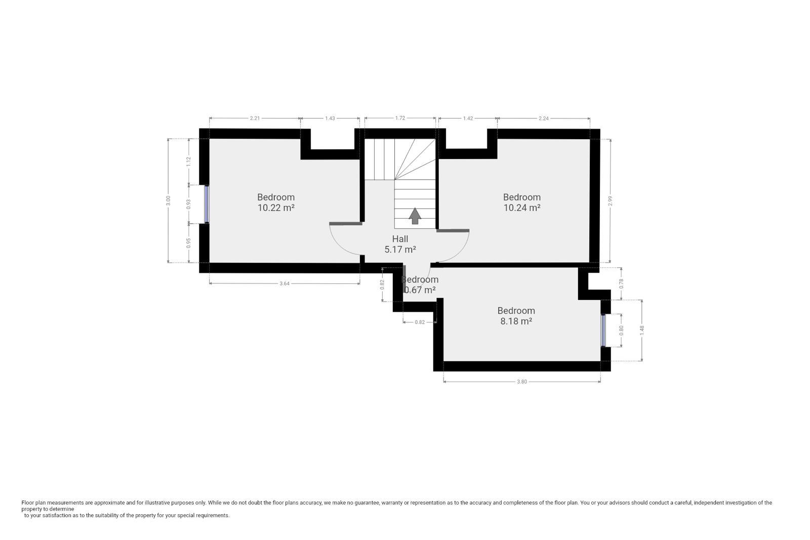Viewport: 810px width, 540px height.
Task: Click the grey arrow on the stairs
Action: point(415,216)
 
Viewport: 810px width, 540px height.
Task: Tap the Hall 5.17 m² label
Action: point(400,244)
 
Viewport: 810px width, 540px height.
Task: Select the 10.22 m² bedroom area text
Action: point(276,207)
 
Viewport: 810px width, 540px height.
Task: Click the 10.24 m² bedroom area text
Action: point(521,207)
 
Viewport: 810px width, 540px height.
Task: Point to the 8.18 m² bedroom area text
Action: point(516,321)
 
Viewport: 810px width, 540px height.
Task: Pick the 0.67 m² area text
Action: point(420,290)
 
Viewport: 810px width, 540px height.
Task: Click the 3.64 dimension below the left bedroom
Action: point(285,283)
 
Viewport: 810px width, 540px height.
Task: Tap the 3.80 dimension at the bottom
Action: point(521,382)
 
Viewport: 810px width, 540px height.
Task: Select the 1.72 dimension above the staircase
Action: point(400,118)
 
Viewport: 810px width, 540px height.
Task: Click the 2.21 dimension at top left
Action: point(255,118)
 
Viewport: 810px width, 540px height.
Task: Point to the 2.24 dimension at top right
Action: point(543,118)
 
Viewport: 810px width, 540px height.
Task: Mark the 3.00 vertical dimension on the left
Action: point(169,200)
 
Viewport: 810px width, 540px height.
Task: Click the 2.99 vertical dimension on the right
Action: point(611,200)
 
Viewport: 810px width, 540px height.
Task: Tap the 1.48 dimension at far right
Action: point(642,328)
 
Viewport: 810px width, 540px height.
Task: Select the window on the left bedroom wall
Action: point(207,204)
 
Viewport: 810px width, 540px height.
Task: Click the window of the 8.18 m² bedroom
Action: point(603,330)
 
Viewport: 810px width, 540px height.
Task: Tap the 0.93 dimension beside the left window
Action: point(189,204)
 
